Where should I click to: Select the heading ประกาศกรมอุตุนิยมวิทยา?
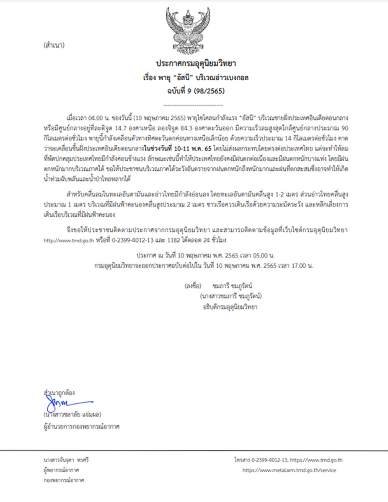tap(194, 64)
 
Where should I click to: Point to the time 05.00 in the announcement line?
tap(256, 255)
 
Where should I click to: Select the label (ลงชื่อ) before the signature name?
tap(192, 286)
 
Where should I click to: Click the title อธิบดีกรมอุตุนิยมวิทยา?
tap(229, 307)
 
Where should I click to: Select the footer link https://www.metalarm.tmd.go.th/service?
tap(289, 470)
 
